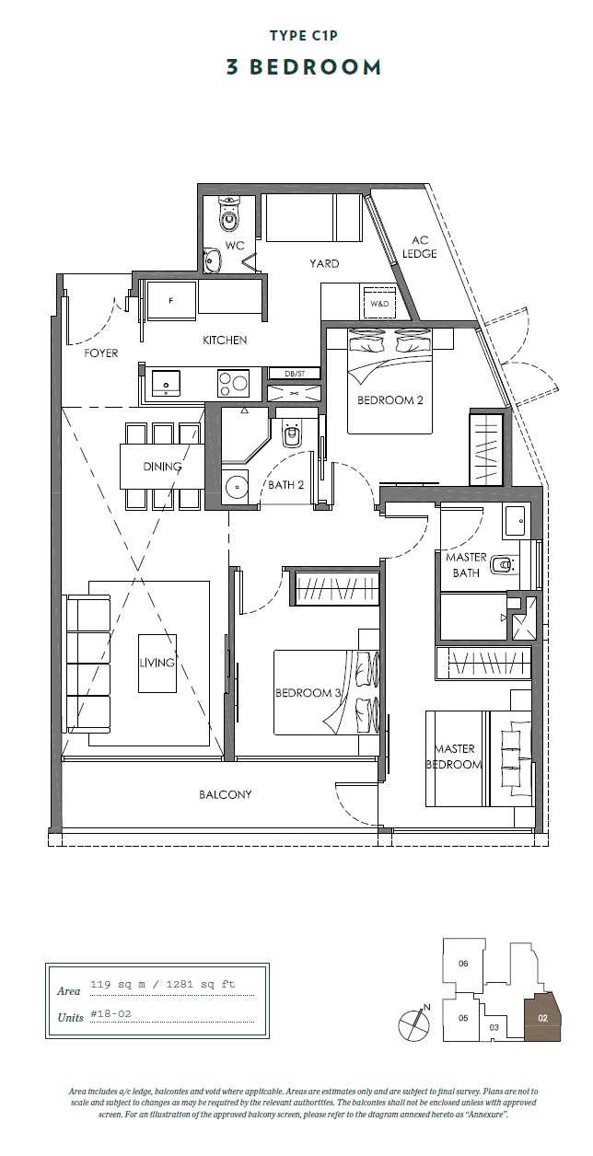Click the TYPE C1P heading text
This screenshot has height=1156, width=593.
[296, 36]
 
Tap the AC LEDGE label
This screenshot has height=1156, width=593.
[419, 247]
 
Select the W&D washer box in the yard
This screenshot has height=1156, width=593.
[378, 302]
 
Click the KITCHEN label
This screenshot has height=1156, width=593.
[225, 341]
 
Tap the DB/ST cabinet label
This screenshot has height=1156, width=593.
[295, 373]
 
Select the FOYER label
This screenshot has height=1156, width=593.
[101, 353]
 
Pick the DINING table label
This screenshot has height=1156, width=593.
[162, 467]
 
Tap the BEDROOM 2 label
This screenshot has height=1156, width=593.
[390, 400]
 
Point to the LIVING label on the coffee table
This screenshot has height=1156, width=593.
[157, 663]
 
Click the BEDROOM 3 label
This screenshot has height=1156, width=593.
[308, 693]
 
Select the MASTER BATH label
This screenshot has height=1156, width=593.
[466, 565]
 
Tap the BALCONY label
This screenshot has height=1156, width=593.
[225, 794]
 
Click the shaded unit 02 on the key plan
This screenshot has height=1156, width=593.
[542, 1019]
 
